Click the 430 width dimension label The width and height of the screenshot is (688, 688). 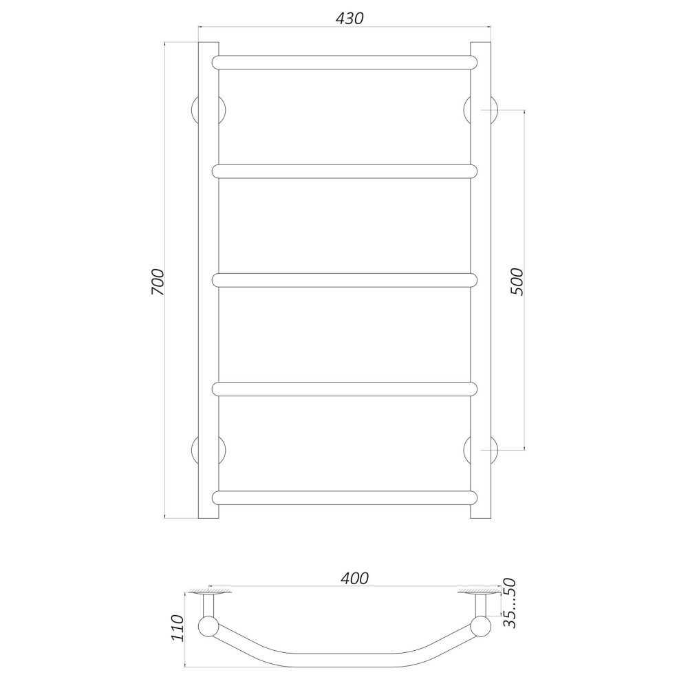tap(350, 18)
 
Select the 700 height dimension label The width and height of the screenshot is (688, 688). tap(158, 281)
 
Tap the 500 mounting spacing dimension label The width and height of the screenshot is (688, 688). tap(517, 281)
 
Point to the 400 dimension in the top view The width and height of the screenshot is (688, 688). tap(354, 579)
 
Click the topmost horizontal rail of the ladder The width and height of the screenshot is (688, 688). tap(345, 63)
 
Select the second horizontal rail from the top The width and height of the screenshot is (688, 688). tap(345, 171)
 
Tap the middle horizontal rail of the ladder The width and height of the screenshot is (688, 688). tap(345, 281)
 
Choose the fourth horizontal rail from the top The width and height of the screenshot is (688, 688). tap(345, 389)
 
